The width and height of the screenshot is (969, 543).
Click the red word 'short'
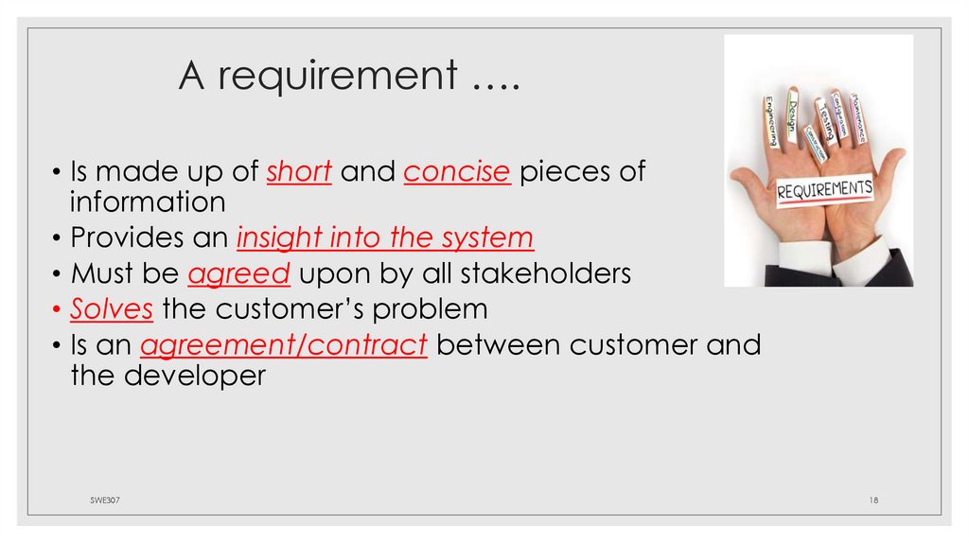click(299, 171)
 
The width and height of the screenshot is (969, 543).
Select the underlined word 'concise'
click(458, 171)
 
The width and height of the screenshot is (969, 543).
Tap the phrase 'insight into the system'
click(385, 236)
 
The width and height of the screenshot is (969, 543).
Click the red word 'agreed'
click(238, 273)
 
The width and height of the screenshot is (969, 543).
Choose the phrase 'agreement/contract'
click(284, 344)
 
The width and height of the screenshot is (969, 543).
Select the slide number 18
click(873, 499)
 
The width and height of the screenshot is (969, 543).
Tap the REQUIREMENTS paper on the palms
click(824, 189)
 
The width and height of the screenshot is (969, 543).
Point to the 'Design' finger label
click(793, 113)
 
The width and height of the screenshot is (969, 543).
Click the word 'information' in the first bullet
click(147, 201)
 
